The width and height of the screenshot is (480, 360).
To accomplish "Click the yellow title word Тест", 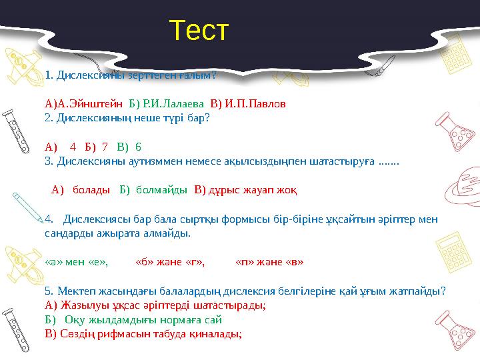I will click(199, 31).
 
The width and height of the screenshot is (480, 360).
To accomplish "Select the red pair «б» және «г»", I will click(170, 261).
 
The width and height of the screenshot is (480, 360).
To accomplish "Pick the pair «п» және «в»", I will click(270, 261).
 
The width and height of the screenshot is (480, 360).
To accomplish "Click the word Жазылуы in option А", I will click(81, 305).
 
